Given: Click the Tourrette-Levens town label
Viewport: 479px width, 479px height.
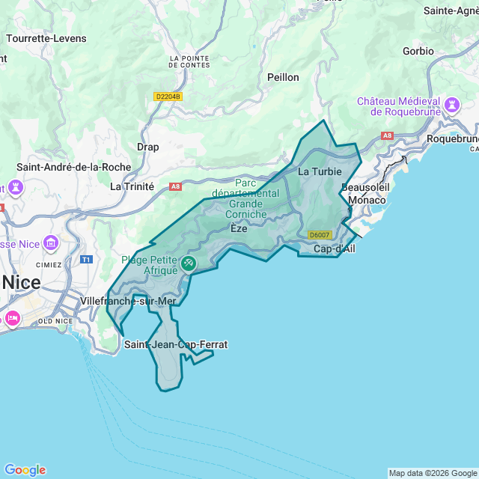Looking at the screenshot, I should pyautogui.click(x=46, y=38).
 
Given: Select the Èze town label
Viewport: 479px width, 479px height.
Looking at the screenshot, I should pyautogui.click(x=239, y=228).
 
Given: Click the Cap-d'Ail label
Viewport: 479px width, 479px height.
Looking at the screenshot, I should pyautogui.click(x=334, y=248).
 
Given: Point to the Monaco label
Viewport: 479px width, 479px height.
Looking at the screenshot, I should pyautogui.click(x=367, y=201).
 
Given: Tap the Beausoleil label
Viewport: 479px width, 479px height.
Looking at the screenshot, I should pyautogui.click(x=364, y=187).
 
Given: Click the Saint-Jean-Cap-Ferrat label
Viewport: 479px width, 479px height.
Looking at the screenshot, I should pyautogui.click(x=176, y=344).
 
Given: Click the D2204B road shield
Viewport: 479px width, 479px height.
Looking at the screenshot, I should pyautogui.click(x=168, y=97).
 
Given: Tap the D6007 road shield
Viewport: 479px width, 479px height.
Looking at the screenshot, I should pyautogui.click(x=320, y=234).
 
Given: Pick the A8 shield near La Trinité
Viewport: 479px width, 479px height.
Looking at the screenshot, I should pyautogui.click(x=175, y=186).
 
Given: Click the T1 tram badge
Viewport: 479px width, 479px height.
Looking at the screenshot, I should pyautogui.click(x=87, y=260).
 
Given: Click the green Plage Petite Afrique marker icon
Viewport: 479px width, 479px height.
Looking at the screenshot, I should pyautogui.click(x=189, y=263).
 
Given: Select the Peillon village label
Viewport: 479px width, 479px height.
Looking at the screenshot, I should pyautogui.click(x=283, y=77).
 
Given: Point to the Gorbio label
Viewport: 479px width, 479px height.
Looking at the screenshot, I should pyautogui.click(x=418, y=51).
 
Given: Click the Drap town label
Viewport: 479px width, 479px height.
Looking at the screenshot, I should pyautogui.click(x=148, y=147).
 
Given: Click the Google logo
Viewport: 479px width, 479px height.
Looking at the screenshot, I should pyautogui.click(x=25, y=470).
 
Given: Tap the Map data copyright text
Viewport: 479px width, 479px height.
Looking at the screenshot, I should pyautogui.click(x=432, y=473).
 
